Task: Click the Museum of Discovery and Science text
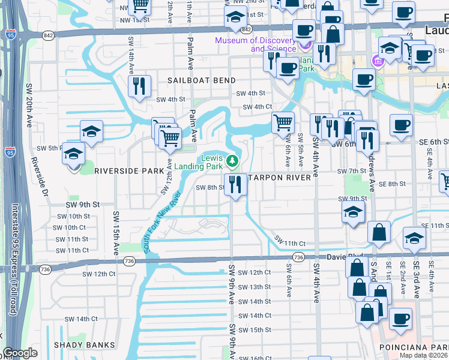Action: pyautogui.click(x=256, y=44)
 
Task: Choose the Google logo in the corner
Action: pyautogui.click(x=20, y=353)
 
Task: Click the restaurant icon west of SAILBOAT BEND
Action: pyautogui.click(x=139, y=85)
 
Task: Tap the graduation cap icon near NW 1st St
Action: pyautogui.click(x=234, y=18)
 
